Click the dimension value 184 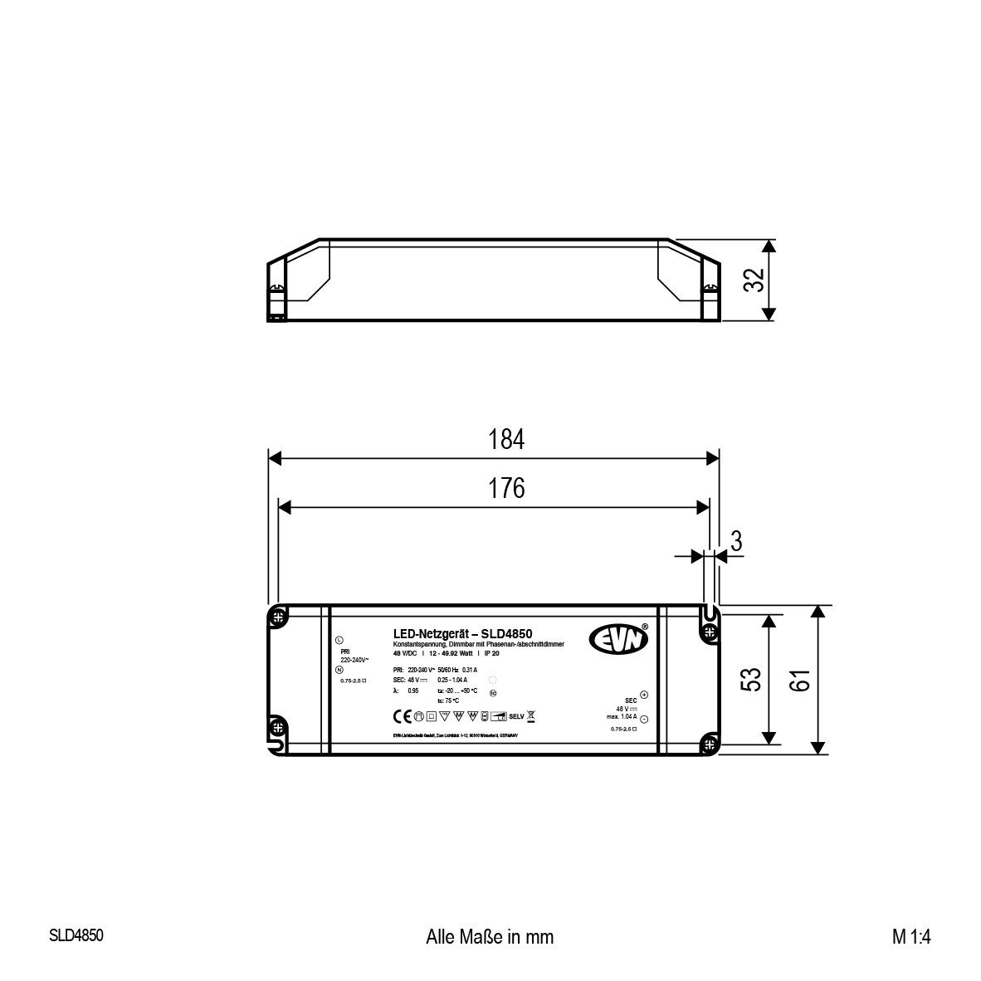click(x=506, y=439)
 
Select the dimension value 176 click(x=506, y=488)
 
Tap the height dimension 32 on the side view click(x=753, y=280)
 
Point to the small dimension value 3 click(x=735, y=541)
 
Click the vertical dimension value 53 click(x=750, y=680)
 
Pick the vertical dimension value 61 click(x=798, y=680)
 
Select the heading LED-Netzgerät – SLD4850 click(x=462, y=633)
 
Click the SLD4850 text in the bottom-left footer click(x=76, y=935)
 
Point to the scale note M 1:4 click(x=912, y=937)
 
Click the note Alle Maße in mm click(x=489, y=937)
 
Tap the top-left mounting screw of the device click(x=278, y=617)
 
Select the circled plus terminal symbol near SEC click(x=645, y=695)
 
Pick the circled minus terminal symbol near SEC click(x=645, y=719)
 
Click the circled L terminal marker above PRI click(x=339, y=641)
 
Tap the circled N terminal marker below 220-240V click(x=339, y=669)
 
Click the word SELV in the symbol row click(x=515, y=715)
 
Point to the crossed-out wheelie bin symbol click(x=531, y=715)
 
